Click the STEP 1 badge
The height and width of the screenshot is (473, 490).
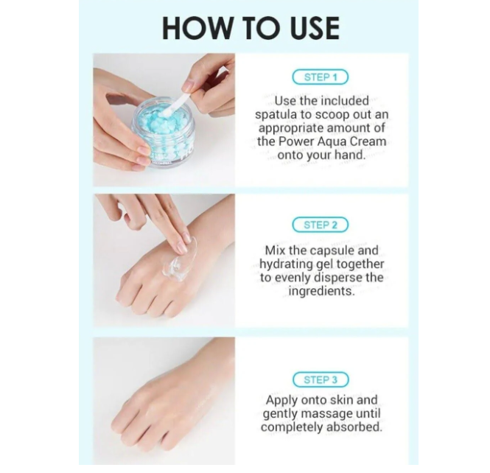320,77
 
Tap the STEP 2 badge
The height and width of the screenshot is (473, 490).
320,225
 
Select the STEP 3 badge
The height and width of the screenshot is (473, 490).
321,379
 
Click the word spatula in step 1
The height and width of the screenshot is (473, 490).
276,115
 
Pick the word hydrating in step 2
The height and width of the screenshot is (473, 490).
286,264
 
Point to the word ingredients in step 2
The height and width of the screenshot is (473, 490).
321,292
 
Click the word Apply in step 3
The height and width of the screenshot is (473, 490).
279,401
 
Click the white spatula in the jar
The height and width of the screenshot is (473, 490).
178,101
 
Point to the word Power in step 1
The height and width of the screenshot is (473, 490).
296,141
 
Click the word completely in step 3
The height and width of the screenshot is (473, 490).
288,427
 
